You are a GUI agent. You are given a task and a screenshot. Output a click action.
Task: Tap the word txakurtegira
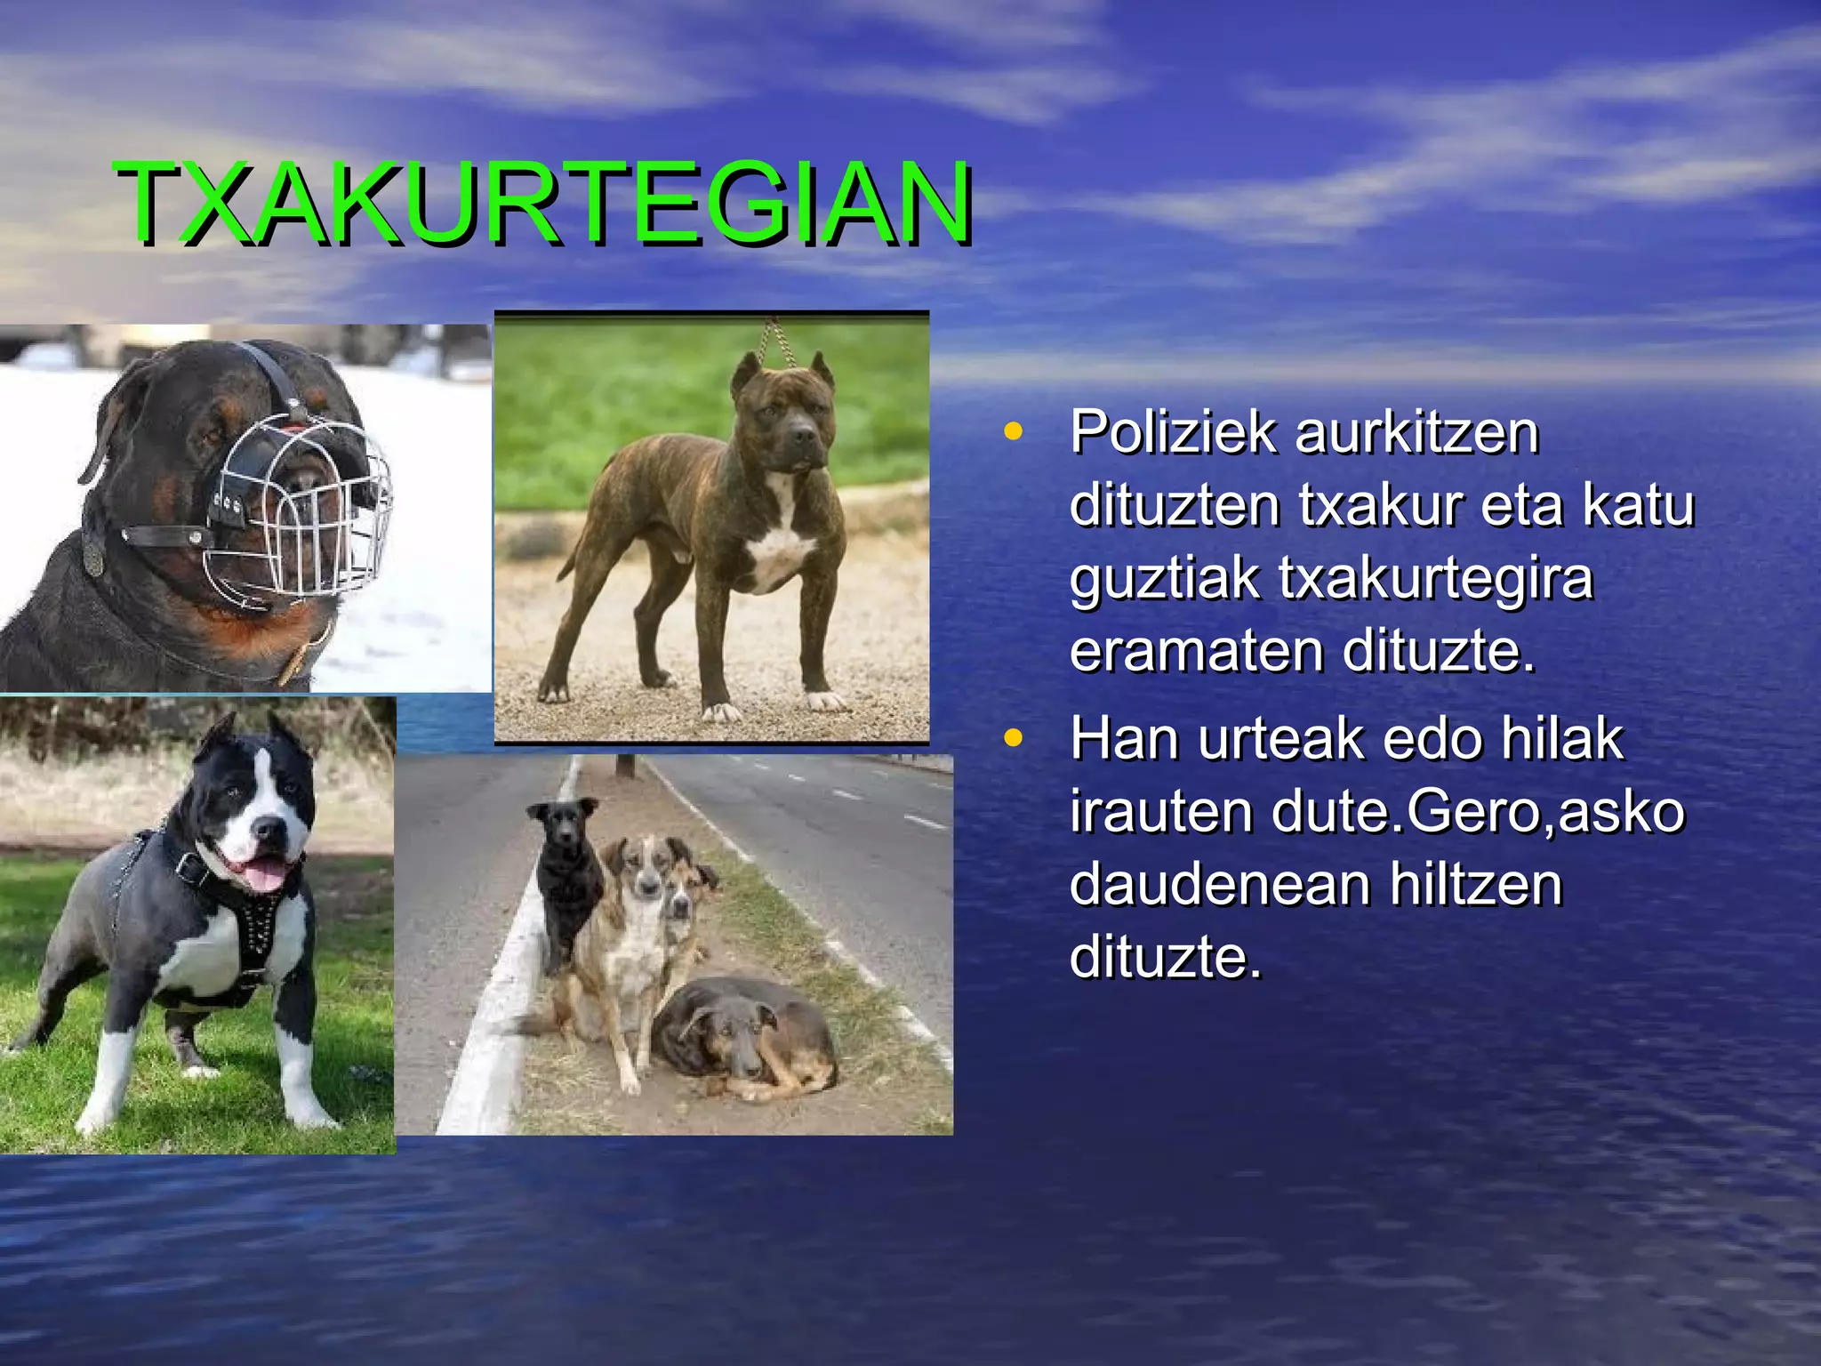pyautogui.click(x=1436, y=579)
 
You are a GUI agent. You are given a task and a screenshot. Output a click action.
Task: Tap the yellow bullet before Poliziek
pyautogui.click(x=1012, y=432)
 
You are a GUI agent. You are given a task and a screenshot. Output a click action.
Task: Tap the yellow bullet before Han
pyautogui.click(x=1012, y=738)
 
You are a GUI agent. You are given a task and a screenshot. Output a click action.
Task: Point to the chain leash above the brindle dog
pyautogui.click(x=779, y=342)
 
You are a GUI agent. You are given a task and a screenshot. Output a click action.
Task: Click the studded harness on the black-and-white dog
pyautogui.click(x=258, y=925)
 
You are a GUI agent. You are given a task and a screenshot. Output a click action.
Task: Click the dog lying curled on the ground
pyautogui.click(x=742, y=1036)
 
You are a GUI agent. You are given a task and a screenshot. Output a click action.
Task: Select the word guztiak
pyautogui.click(x=1165, y=579)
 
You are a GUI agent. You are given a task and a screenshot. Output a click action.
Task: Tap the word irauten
pyautogui.click(x=1161, y=812)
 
